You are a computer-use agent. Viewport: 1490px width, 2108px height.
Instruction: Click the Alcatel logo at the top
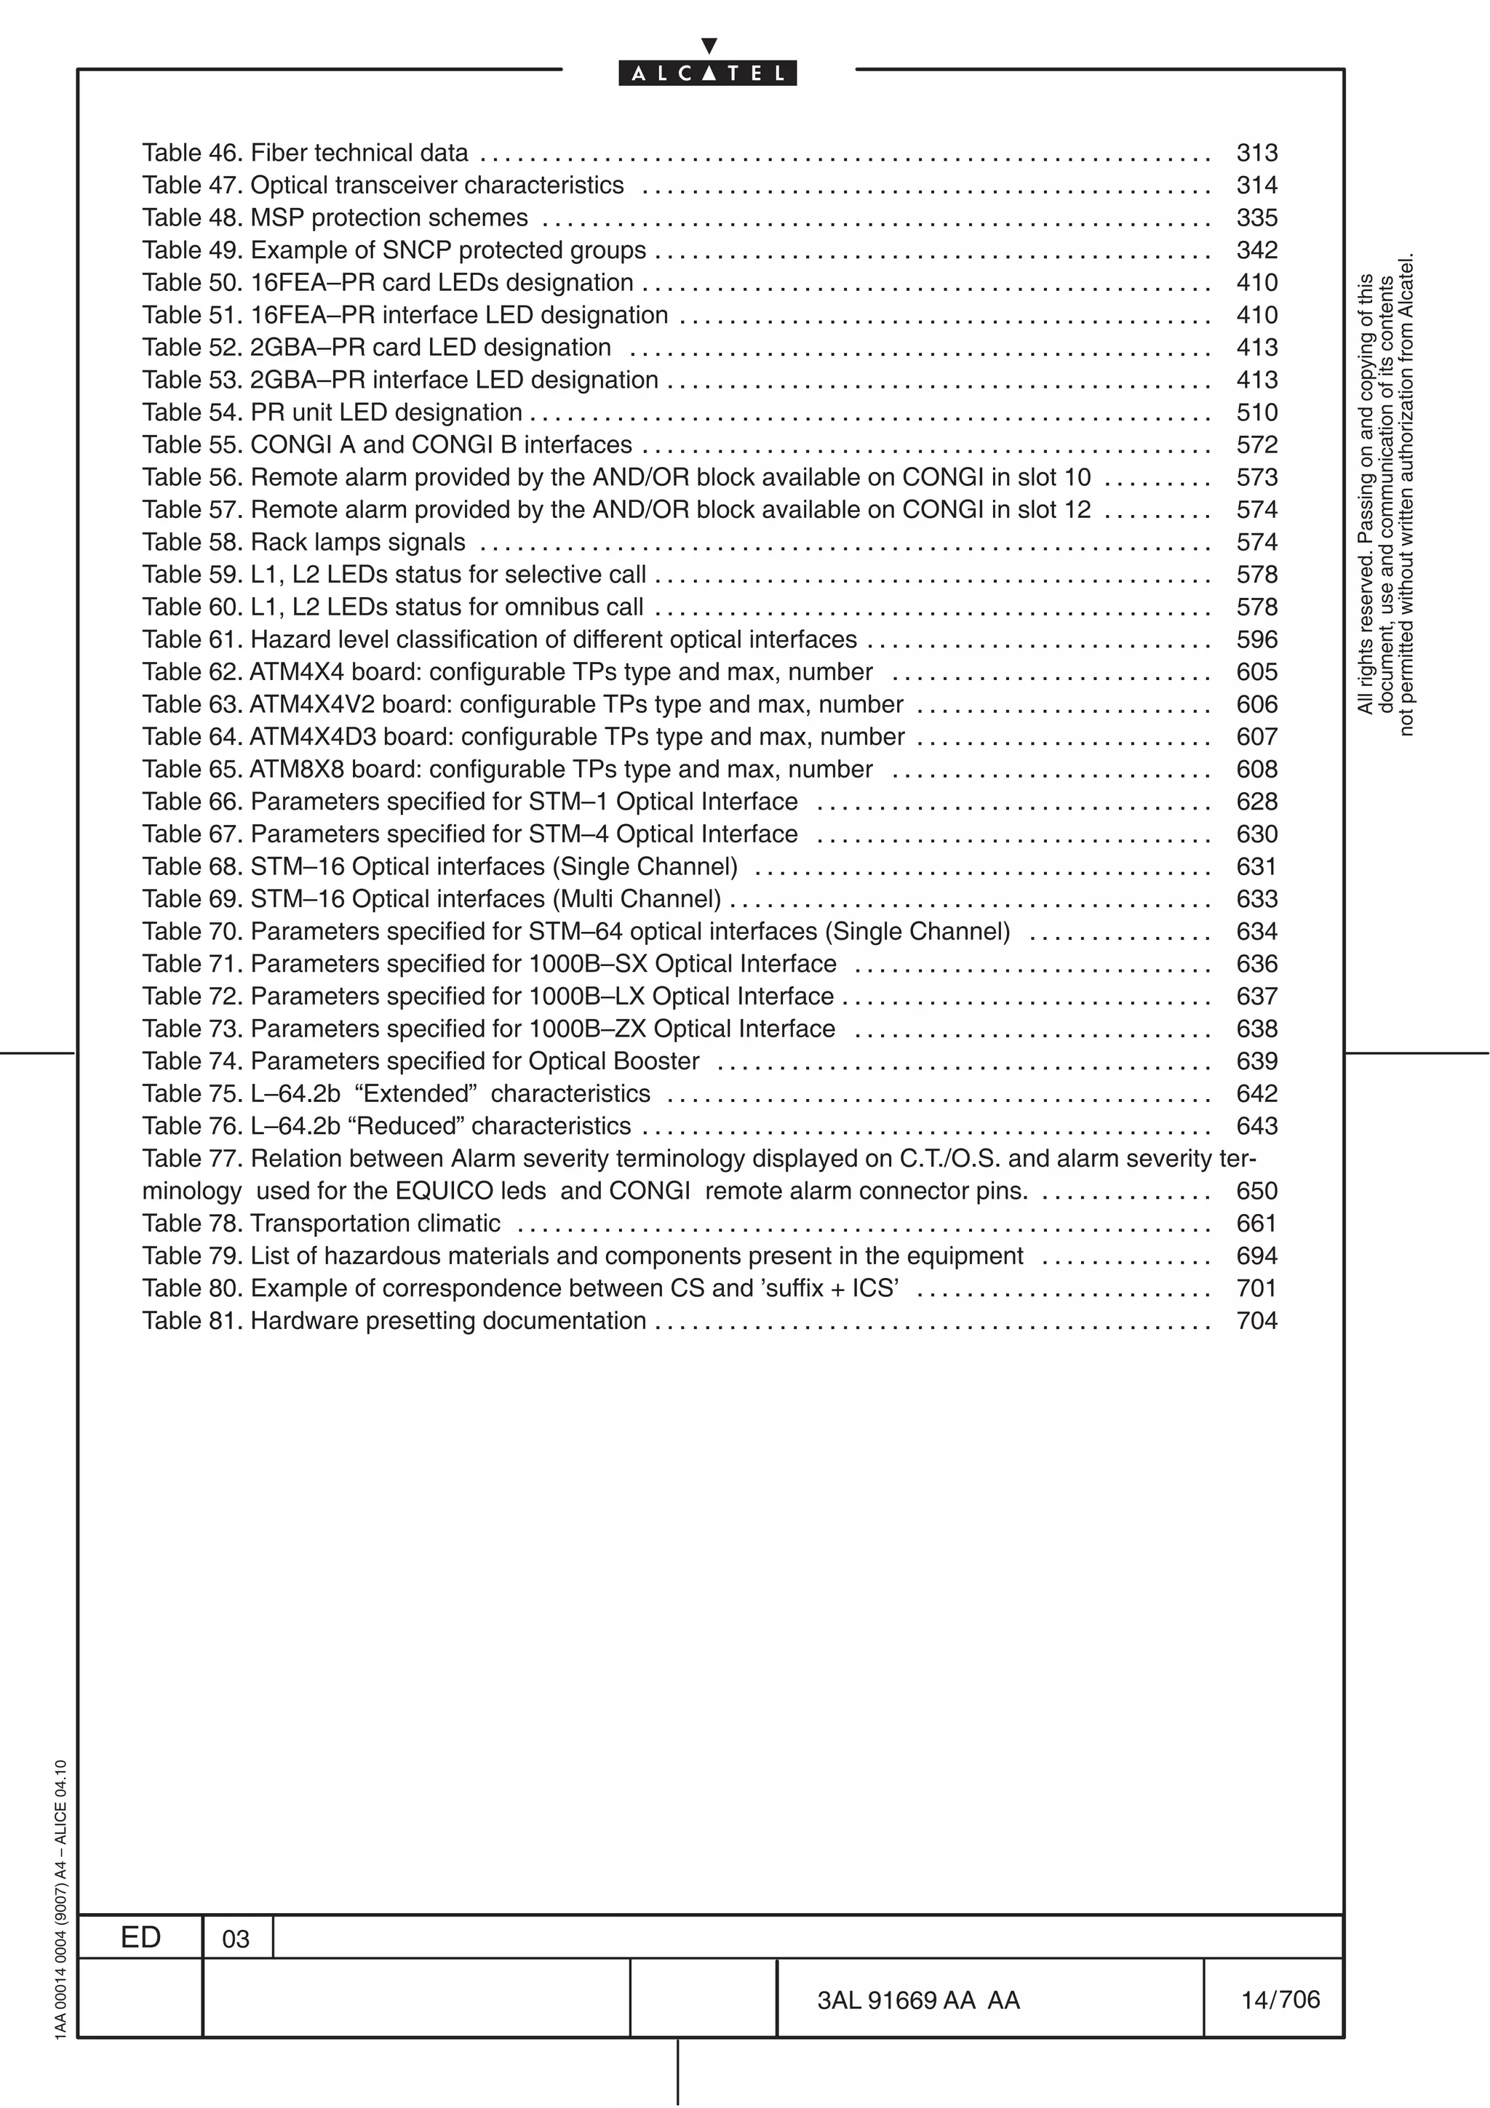tap(707, 73)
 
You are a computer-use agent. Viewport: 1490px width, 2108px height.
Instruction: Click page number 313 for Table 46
tap(1256, 153)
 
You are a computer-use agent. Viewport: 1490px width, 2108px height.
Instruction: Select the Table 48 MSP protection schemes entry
tap(335, 217)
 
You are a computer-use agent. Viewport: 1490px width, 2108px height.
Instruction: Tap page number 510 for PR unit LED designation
tap(1256, 412)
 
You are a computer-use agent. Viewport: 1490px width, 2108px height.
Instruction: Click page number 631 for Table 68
tap(1256, 867)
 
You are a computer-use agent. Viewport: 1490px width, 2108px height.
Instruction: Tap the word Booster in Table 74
tap(656, 1061)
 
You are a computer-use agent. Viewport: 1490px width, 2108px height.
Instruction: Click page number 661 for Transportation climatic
tap(1256, 1223)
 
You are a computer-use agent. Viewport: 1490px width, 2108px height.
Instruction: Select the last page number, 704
tap(1256, 1320)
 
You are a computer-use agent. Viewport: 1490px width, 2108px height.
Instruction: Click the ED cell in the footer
tap(140, 1937)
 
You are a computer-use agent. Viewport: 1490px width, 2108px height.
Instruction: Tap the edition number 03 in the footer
tap(236, 1939)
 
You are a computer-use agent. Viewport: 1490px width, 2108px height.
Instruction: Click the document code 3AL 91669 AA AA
tap(918, 2000)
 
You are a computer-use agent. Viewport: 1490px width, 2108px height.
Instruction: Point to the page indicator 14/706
tap(1280, 2000)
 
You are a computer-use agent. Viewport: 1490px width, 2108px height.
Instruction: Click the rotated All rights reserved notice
tap(1385, 496)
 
